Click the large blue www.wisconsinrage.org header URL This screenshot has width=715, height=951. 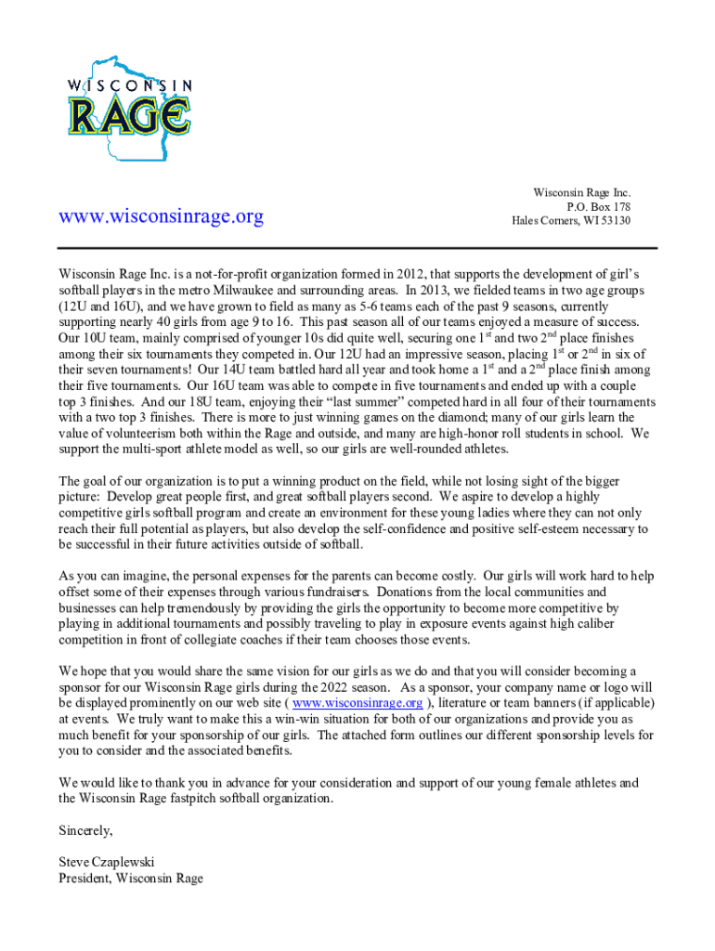161,216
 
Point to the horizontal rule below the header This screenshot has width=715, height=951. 357,248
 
